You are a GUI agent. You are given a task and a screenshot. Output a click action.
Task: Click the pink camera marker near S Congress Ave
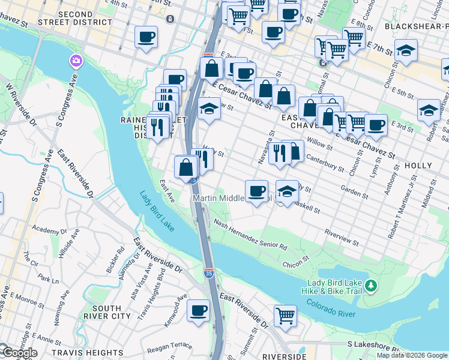pyautogui.click(x=76, y=61)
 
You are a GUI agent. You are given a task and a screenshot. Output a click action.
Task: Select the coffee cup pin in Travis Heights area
pyautogui.click(x=199, y=311)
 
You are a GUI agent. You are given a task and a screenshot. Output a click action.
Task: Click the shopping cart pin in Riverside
pyautogui.click(x=286, y=314)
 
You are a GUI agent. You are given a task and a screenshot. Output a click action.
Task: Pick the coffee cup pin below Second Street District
pyautogui.click(x=146, y=37)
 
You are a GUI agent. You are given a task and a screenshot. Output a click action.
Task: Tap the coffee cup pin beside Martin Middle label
pyautogui.click(x=256, y=191)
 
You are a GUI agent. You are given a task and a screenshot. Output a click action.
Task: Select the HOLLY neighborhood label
pyautogui.click(x=418, y=165)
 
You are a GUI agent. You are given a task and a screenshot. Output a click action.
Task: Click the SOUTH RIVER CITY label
pyautogui.click(x=107, y=311)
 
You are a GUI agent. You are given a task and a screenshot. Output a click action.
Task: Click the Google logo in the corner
pyautogui.click(x=19, y=352)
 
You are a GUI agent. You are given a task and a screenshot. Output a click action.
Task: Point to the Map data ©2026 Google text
pyautogui.click(x=412, y=355)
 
